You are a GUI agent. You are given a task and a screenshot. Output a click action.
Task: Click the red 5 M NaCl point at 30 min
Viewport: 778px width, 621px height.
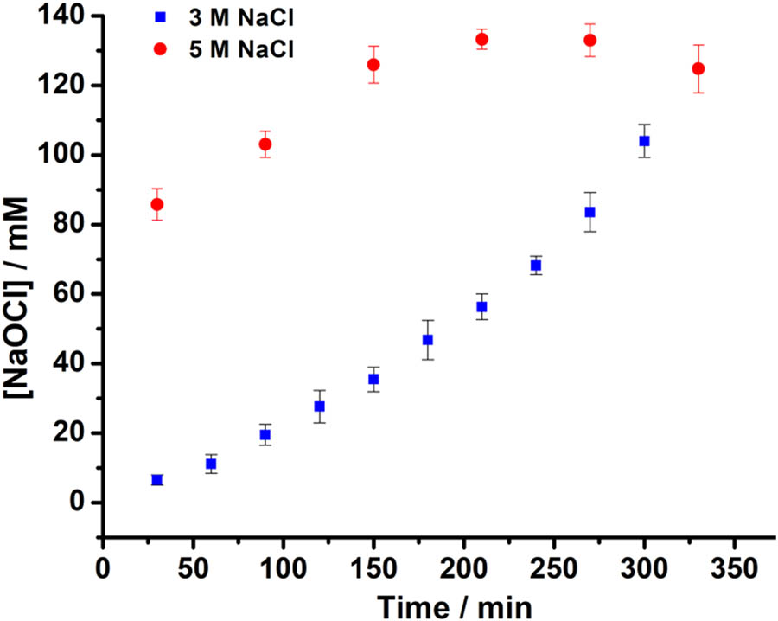(x=156, y=204)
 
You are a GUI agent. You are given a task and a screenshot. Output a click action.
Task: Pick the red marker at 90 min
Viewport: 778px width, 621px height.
(x=265, y=144)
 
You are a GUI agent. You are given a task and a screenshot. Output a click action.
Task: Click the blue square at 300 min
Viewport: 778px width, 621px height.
(x=644, y=141)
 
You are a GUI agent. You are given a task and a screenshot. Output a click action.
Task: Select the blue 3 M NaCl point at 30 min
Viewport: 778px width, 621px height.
(x=156, y=479)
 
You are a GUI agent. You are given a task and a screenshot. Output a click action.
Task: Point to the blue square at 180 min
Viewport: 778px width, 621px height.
(x=427, y=340)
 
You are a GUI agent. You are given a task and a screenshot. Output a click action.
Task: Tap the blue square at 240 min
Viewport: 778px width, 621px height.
(x=536, y=266)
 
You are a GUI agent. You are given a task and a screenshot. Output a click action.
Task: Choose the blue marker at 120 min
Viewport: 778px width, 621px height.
(x=319, y=406)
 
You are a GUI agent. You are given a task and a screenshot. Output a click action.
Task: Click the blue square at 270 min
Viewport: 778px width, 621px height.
(x=590, y=212)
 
